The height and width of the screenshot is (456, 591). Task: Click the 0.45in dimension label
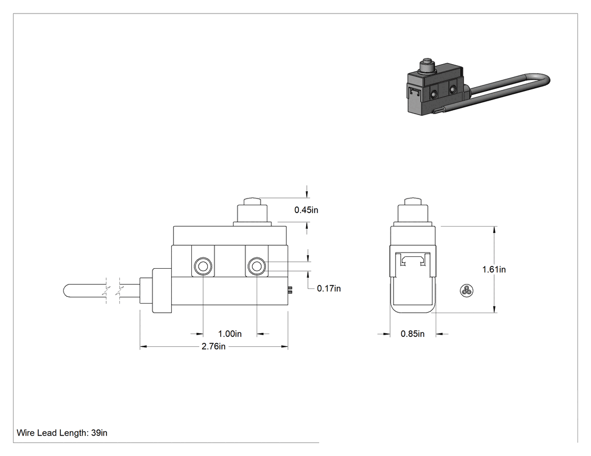(x=306, y=210)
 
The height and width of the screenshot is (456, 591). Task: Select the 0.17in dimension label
(x=329, y=288)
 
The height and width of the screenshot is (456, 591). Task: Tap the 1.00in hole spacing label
(x=230, y=333)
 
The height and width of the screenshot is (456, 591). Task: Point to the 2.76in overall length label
(x=213, y=346)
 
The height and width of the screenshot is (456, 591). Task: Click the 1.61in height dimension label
(x=494, y=269)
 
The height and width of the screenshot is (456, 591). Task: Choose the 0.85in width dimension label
(x=413, y=333)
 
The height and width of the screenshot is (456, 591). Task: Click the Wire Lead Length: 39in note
(x=62, y=433)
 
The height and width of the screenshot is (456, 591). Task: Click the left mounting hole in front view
(x=203, y=267)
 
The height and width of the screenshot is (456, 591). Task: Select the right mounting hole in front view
(x=257, y=267)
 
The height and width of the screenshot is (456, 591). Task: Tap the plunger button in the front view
(x=252, y=211)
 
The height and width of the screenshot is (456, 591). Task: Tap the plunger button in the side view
(x=413, y=211)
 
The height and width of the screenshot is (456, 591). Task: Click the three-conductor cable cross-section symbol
(x=467, y=290)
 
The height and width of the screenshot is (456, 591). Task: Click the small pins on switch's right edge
(x=290, y=290)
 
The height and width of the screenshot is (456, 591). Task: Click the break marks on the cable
(x=113, y=291)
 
